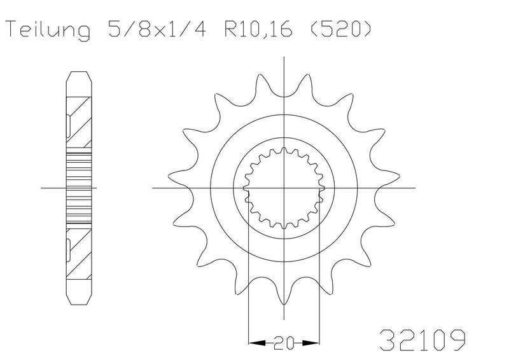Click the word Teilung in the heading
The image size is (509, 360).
(48, 30)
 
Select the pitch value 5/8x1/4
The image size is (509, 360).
(157, 29)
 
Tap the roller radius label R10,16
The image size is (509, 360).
(258, 29)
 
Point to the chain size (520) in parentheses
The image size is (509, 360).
(340, 29)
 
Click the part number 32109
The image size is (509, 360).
(422, 340)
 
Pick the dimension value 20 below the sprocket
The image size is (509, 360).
(284, 343)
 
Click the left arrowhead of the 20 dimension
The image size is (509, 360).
(257, 342)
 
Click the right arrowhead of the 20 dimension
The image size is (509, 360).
(311, 342)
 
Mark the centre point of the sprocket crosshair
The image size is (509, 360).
(284, 188)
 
